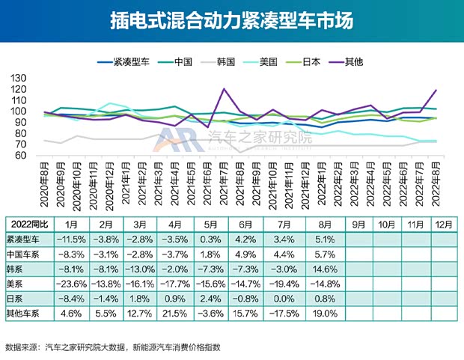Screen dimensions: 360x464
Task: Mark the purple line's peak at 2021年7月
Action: [x=224, y=89]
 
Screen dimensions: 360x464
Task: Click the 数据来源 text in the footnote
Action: [x=22, y=347]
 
